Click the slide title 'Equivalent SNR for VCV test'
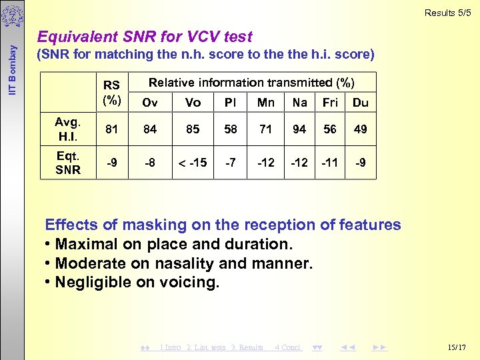(145, 37)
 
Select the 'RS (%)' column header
(111, 93)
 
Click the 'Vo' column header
(193, 103)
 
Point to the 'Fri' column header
(330, 103)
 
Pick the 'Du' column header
(360, 103)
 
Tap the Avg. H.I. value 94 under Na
(299, 129)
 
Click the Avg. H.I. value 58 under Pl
(231, 129)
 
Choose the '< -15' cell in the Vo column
(193, 163)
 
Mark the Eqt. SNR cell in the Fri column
(330, 163)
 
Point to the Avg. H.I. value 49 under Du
(360, 129)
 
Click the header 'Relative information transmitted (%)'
(251, 83)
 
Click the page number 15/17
(458, 347)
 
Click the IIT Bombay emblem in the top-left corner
(11, 15)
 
